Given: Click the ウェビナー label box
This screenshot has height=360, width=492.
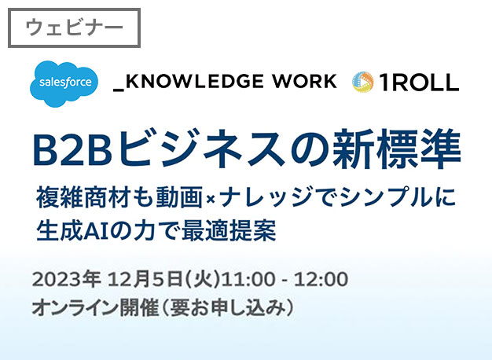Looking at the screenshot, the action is [74, 28].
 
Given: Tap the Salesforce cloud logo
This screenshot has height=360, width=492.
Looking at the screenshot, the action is [64, 84].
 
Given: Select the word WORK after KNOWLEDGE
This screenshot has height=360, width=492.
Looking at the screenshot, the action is [304, 81].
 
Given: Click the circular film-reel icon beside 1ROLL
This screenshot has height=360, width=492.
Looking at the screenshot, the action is [363, 82].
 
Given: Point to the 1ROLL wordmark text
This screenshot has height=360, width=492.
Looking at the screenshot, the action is [419, 83].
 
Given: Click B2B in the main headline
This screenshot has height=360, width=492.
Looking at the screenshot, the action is [72, 149].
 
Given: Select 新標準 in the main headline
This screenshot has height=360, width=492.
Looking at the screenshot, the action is [397, 149].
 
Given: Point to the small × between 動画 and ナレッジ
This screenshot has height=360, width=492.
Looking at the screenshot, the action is [211, 199].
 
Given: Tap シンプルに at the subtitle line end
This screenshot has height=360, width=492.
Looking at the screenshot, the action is [398, 197].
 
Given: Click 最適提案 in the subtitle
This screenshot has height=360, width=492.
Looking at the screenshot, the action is [229, 230].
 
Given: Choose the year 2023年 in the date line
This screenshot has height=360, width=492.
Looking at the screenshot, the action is [66, 279].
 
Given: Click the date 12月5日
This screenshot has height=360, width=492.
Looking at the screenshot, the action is [145, 279].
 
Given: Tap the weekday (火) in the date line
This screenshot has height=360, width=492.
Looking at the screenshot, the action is [202, 279].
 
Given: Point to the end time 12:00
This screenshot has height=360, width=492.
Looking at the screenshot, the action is [321, 279].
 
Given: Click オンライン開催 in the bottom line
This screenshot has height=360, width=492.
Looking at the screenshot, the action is [95, 308].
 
